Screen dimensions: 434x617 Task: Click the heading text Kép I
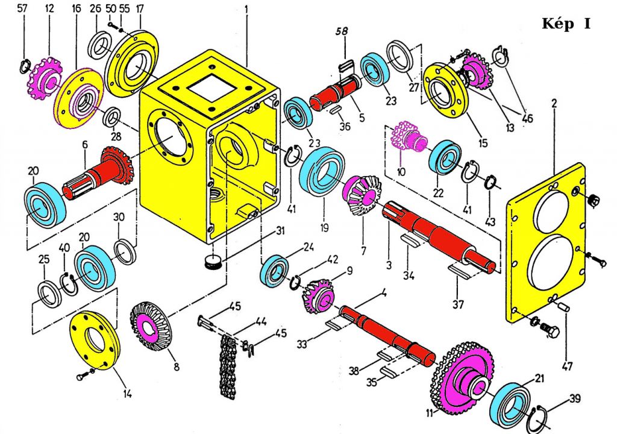tap(566, 24)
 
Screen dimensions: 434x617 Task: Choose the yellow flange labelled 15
tap(445, 93)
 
